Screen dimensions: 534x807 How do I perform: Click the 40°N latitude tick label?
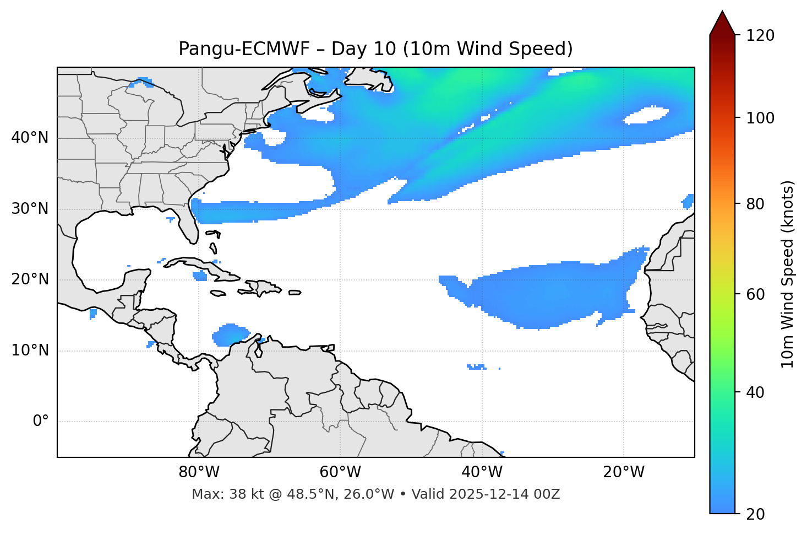(30, 138)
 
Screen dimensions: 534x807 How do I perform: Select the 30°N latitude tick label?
(30, 209)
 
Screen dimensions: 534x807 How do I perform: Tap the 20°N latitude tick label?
(30, 279)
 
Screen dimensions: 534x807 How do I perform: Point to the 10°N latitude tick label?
(30, 350)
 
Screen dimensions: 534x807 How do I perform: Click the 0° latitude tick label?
(41, 422)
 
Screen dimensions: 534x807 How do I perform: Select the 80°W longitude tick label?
(199, 472)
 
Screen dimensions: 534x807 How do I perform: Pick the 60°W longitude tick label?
(340, 472)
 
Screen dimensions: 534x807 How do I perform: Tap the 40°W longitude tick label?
(482, 472)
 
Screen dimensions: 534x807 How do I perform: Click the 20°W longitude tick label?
(624, 472)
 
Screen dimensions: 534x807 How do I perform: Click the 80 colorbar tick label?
(757, 204)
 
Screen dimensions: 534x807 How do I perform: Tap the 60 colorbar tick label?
(757, 294)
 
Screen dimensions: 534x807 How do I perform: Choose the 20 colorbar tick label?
(757, 514)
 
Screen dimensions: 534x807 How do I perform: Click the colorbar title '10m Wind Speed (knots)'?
(788, 274)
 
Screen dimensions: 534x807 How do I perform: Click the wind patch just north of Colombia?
(231, 335)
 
